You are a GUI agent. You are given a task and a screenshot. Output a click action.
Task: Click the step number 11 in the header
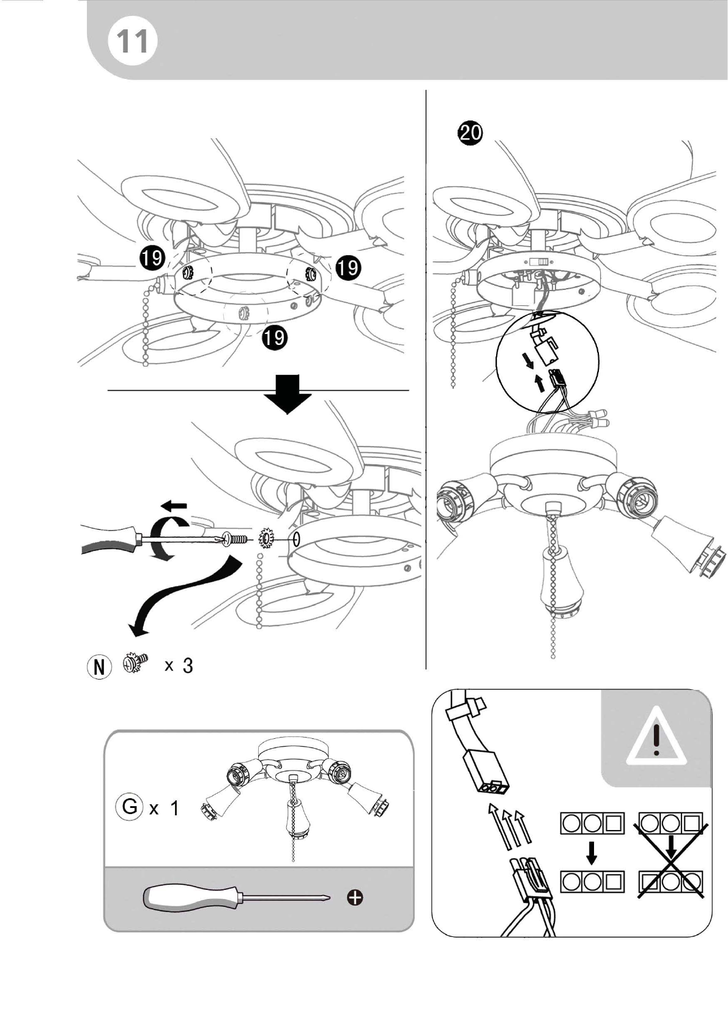click(133, 42)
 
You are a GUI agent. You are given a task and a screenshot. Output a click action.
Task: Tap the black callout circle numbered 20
click(470, 133)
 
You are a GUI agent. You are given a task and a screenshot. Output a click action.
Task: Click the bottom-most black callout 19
click(275, 338)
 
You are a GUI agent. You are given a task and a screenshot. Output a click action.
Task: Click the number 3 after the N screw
click(188, 665)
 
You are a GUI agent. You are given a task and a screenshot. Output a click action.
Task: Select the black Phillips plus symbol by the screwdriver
click(355, 897)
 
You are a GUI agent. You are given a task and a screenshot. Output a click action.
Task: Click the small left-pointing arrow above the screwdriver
click(176, 506)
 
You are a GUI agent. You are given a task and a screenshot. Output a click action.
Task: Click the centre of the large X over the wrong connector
click(672, 861)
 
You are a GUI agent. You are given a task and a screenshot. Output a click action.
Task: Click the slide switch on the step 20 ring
click(538, 262)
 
